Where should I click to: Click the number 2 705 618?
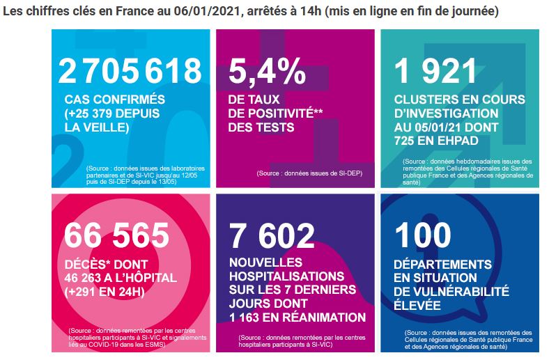[130, 71]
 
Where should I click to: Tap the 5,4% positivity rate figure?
[267, 71]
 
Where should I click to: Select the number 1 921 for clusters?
[435, 71]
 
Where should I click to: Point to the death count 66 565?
[116, 235]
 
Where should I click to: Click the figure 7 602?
[272, 235]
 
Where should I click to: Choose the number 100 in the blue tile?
[423, 235]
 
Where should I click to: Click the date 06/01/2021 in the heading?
[208, 11]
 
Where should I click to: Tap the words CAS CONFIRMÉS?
[114, 100]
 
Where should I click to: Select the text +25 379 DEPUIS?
[112, 114]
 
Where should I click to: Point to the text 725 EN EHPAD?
[436, 141]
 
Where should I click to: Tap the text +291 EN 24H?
[105, 292]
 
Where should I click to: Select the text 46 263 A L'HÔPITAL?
[121, 278]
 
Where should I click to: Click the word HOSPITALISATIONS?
[287, 276]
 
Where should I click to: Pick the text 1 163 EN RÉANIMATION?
[297, 318]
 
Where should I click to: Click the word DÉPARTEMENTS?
[442, 264]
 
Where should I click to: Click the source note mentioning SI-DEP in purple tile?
[309, 173]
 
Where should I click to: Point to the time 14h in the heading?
[311, 11]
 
